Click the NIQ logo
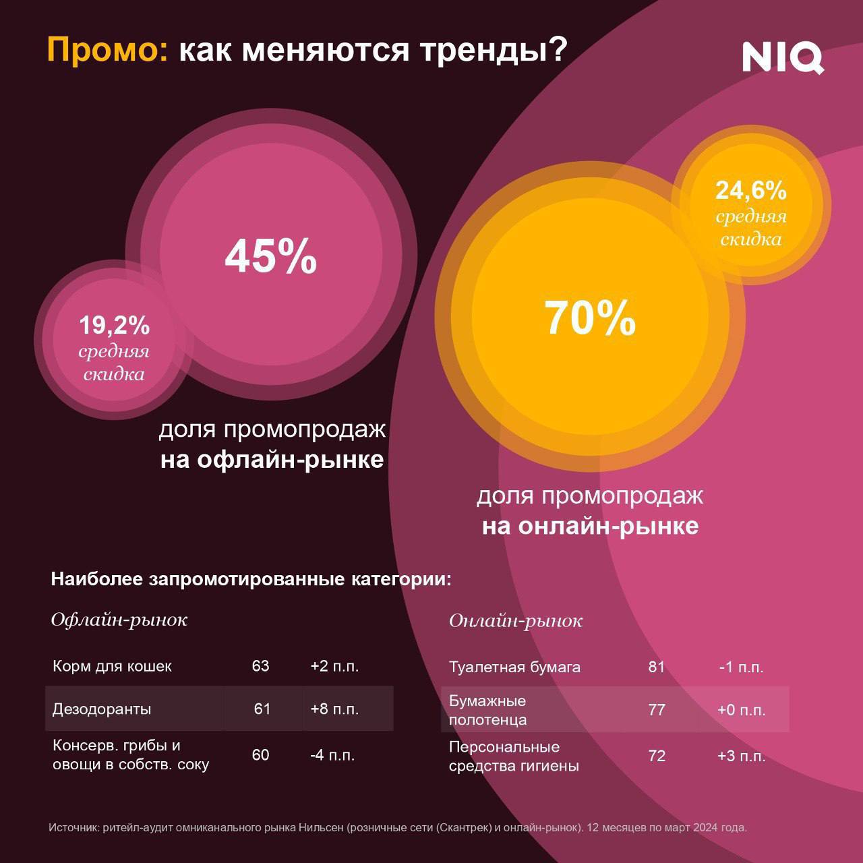[x=783, y=57]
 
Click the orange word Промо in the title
[x=107, y=51]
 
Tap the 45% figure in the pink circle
[x=271, y=256]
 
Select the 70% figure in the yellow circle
[x=590, y=318]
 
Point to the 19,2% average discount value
[x=114, y=326]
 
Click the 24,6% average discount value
[x=751, y=191]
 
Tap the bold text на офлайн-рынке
[x=272, y=460]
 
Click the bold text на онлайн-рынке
[x=590, y=526]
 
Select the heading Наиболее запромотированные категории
[x=251, y=579]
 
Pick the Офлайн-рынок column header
[x=119, y=620]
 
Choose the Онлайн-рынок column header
[x=516, y=621]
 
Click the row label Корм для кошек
[x=112, y=666]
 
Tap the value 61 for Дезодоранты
[x=262, y=709]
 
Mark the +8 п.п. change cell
[x=334, y=709]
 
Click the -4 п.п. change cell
[x=332, y=755]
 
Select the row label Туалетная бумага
[x=514, y=667]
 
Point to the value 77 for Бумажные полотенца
[x=657, y=710]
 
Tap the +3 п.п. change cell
[x=741, y=756]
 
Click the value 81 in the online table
[x=657, y=667]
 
